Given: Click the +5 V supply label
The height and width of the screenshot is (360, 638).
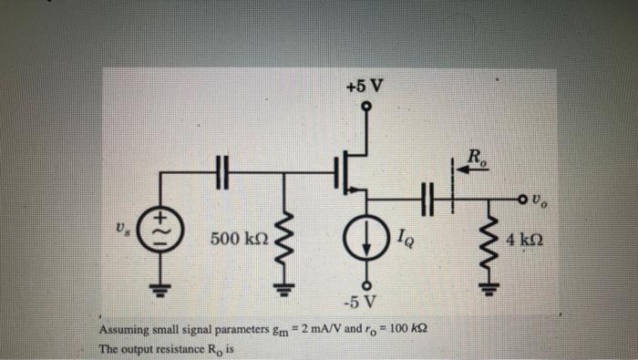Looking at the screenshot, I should [x=365, y=87].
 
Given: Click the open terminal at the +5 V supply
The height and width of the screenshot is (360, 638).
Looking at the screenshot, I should [x=365, y=107].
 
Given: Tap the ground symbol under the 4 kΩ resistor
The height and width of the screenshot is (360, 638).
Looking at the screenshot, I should [x=491, y=291].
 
